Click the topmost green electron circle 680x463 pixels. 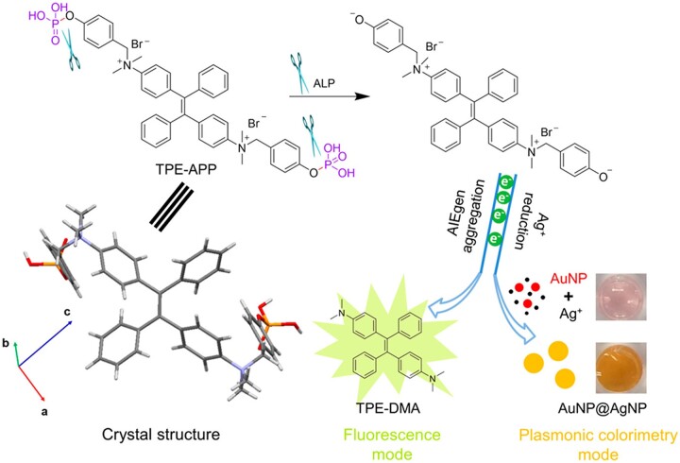click(x=506, y=181)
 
